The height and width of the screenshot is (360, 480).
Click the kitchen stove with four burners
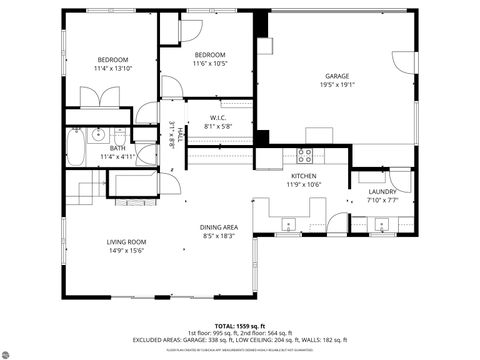(x=304, y=155)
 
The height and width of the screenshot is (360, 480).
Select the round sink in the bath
(x=97, y=134)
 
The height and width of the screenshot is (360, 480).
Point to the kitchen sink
(x=287, y=223)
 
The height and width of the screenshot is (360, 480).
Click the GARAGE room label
(x=337, y=76)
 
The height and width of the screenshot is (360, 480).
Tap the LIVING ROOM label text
(x=127, y=242)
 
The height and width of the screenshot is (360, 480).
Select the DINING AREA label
(x=218, y=227)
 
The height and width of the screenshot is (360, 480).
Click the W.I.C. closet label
(x=218, y=118)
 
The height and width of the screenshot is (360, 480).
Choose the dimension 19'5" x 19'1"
(x=337, y=85)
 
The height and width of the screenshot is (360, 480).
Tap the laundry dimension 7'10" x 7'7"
(x=382, y=200)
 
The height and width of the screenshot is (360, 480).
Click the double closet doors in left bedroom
(x=98, y=98)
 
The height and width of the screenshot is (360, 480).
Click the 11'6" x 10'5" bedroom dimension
(x=209, y=63)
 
